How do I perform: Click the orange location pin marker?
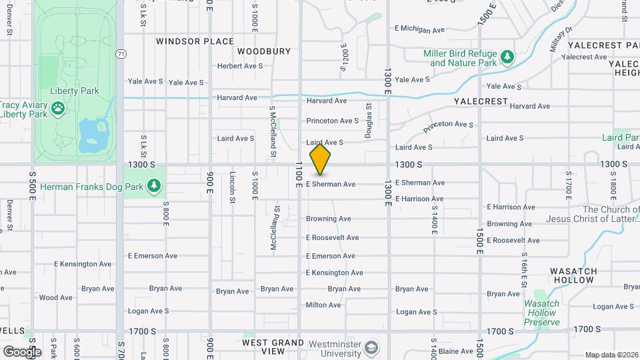point(320,159)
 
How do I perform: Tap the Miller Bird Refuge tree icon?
point(507,57)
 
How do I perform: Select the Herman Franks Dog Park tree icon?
point(155,186)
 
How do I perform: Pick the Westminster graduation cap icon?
point(371,347)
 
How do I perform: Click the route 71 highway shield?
point(120,53)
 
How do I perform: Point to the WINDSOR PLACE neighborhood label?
point(195,41)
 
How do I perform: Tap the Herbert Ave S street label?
point(240,66)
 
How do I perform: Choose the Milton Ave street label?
point(323,305)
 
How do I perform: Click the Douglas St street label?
point(368,120)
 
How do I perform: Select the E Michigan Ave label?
point(419,29)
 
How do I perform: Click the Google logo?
point(21,351)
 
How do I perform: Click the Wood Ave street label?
point(56,298)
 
